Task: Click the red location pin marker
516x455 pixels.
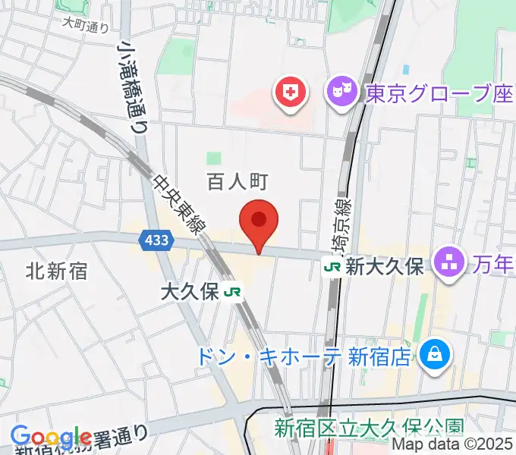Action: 259,221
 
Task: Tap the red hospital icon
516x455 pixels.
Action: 289,94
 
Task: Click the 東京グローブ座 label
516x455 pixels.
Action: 439,94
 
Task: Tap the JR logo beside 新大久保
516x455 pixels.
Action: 332,266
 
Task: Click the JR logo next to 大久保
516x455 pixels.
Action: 234,293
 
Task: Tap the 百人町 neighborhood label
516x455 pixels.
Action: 238,181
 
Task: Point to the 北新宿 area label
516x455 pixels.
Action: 57,270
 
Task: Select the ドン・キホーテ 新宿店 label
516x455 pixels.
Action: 303,356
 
